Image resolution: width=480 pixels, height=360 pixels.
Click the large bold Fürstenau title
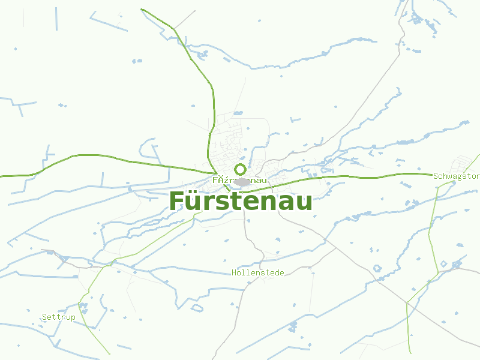[x=241, y=201]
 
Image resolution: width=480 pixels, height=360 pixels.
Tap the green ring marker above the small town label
[x=240, y=169]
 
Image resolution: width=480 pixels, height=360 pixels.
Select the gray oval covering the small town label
[x=242, y=181]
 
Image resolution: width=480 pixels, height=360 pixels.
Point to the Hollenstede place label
[x=258, y=273]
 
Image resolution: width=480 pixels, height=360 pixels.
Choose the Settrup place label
[x=59, y=317]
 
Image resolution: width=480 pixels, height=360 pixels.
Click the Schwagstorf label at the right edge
[x=456, y=176]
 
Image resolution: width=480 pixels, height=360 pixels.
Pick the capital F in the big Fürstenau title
[x=178, y=201]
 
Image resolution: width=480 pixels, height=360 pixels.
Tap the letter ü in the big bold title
[x=195, y=202]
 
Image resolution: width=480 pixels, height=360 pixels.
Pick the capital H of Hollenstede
[x=234, y=273]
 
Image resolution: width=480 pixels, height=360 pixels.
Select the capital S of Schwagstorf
[x=436, y=176]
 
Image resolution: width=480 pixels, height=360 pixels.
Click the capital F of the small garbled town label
[x=215, y=180]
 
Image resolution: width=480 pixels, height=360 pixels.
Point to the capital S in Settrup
[x=44, y=317]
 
